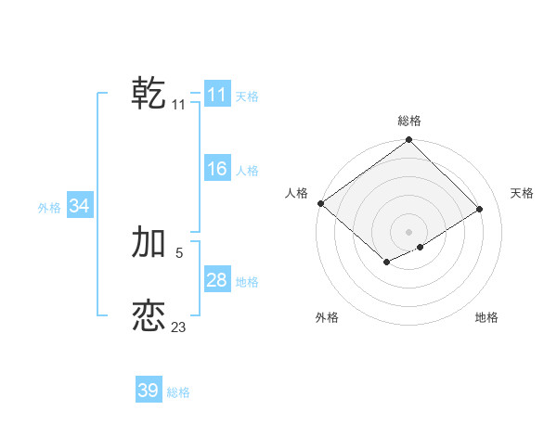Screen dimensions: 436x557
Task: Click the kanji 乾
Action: point(149,94)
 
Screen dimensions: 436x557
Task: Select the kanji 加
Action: point(149,242)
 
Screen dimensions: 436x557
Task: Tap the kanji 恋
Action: point(149,316)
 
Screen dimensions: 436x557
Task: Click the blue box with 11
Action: point(216,95)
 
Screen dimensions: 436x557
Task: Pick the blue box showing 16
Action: point(216,169)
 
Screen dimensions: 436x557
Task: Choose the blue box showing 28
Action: point(216,280)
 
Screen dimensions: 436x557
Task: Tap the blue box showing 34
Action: point(79,206)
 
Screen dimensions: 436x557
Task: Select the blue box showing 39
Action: point(148,391)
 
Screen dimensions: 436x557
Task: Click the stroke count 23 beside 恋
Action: point(178,327)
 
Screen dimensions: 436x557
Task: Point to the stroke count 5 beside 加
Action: point(178,252)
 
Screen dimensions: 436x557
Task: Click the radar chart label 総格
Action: point(409,121)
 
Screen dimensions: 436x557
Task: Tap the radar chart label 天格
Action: point(522,193)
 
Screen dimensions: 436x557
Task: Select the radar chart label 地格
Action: point(486,317)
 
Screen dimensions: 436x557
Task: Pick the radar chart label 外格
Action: point(327,317)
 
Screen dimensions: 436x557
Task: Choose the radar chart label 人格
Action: point(296,193)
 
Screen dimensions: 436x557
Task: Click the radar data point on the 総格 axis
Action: point(409,140)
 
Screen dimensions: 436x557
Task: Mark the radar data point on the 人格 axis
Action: point(320,203)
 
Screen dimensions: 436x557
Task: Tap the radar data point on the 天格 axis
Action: point(480,209)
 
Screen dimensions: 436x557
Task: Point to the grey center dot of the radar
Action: point(409,231)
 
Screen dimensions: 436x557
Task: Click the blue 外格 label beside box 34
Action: point(49,208)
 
